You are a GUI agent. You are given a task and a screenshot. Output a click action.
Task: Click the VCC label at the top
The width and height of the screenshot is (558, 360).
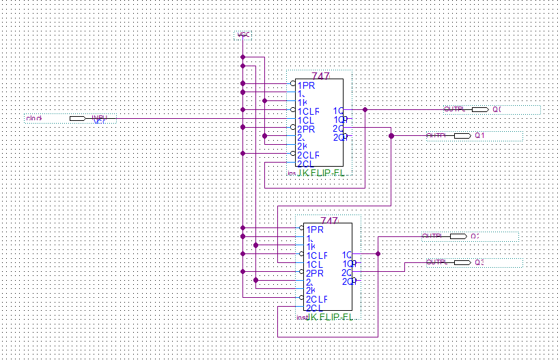242,35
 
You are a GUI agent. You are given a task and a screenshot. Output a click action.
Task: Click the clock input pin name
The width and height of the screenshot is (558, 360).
34,119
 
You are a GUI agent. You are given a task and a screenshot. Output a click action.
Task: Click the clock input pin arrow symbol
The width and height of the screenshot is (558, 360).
77,119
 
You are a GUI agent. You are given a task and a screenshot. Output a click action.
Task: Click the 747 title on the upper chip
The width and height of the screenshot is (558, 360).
320,76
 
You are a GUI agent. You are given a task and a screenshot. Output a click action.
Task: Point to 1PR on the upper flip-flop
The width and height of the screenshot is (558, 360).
306,85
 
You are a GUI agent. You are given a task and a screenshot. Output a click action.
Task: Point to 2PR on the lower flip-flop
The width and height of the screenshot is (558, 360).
315,273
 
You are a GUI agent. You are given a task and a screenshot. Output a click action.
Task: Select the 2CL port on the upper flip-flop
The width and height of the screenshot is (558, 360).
305,164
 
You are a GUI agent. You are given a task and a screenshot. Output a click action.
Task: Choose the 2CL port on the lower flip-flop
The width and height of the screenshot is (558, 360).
314,308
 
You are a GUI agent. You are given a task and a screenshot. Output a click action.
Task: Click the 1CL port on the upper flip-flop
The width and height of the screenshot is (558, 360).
305,120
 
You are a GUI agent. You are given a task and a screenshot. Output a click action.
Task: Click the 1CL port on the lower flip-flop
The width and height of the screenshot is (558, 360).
314,264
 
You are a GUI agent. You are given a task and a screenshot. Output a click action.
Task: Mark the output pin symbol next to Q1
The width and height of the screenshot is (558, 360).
462,136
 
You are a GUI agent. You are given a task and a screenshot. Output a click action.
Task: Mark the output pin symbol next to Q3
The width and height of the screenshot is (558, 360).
462,262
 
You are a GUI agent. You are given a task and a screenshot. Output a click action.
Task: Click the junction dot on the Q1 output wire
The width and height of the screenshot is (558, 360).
391,136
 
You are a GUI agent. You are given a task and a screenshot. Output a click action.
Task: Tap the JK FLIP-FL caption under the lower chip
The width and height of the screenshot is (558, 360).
329,318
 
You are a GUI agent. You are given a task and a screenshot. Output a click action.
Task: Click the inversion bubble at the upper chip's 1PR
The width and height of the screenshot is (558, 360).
293,84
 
